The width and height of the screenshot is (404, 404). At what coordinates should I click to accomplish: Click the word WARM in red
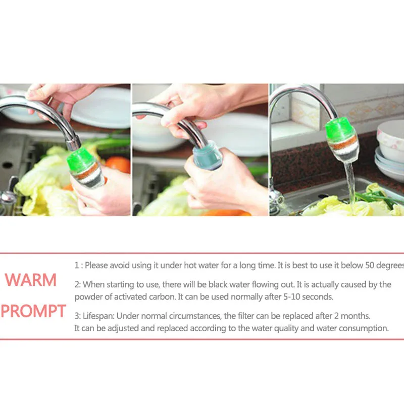tap(31, 280)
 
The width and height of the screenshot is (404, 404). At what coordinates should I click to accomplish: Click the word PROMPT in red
tap(33, 311)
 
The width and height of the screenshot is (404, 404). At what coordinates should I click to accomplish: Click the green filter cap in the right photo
tap(341, 127)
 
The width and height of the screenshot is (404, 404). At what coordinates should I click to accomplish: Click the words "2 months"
tap(352, 316)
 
